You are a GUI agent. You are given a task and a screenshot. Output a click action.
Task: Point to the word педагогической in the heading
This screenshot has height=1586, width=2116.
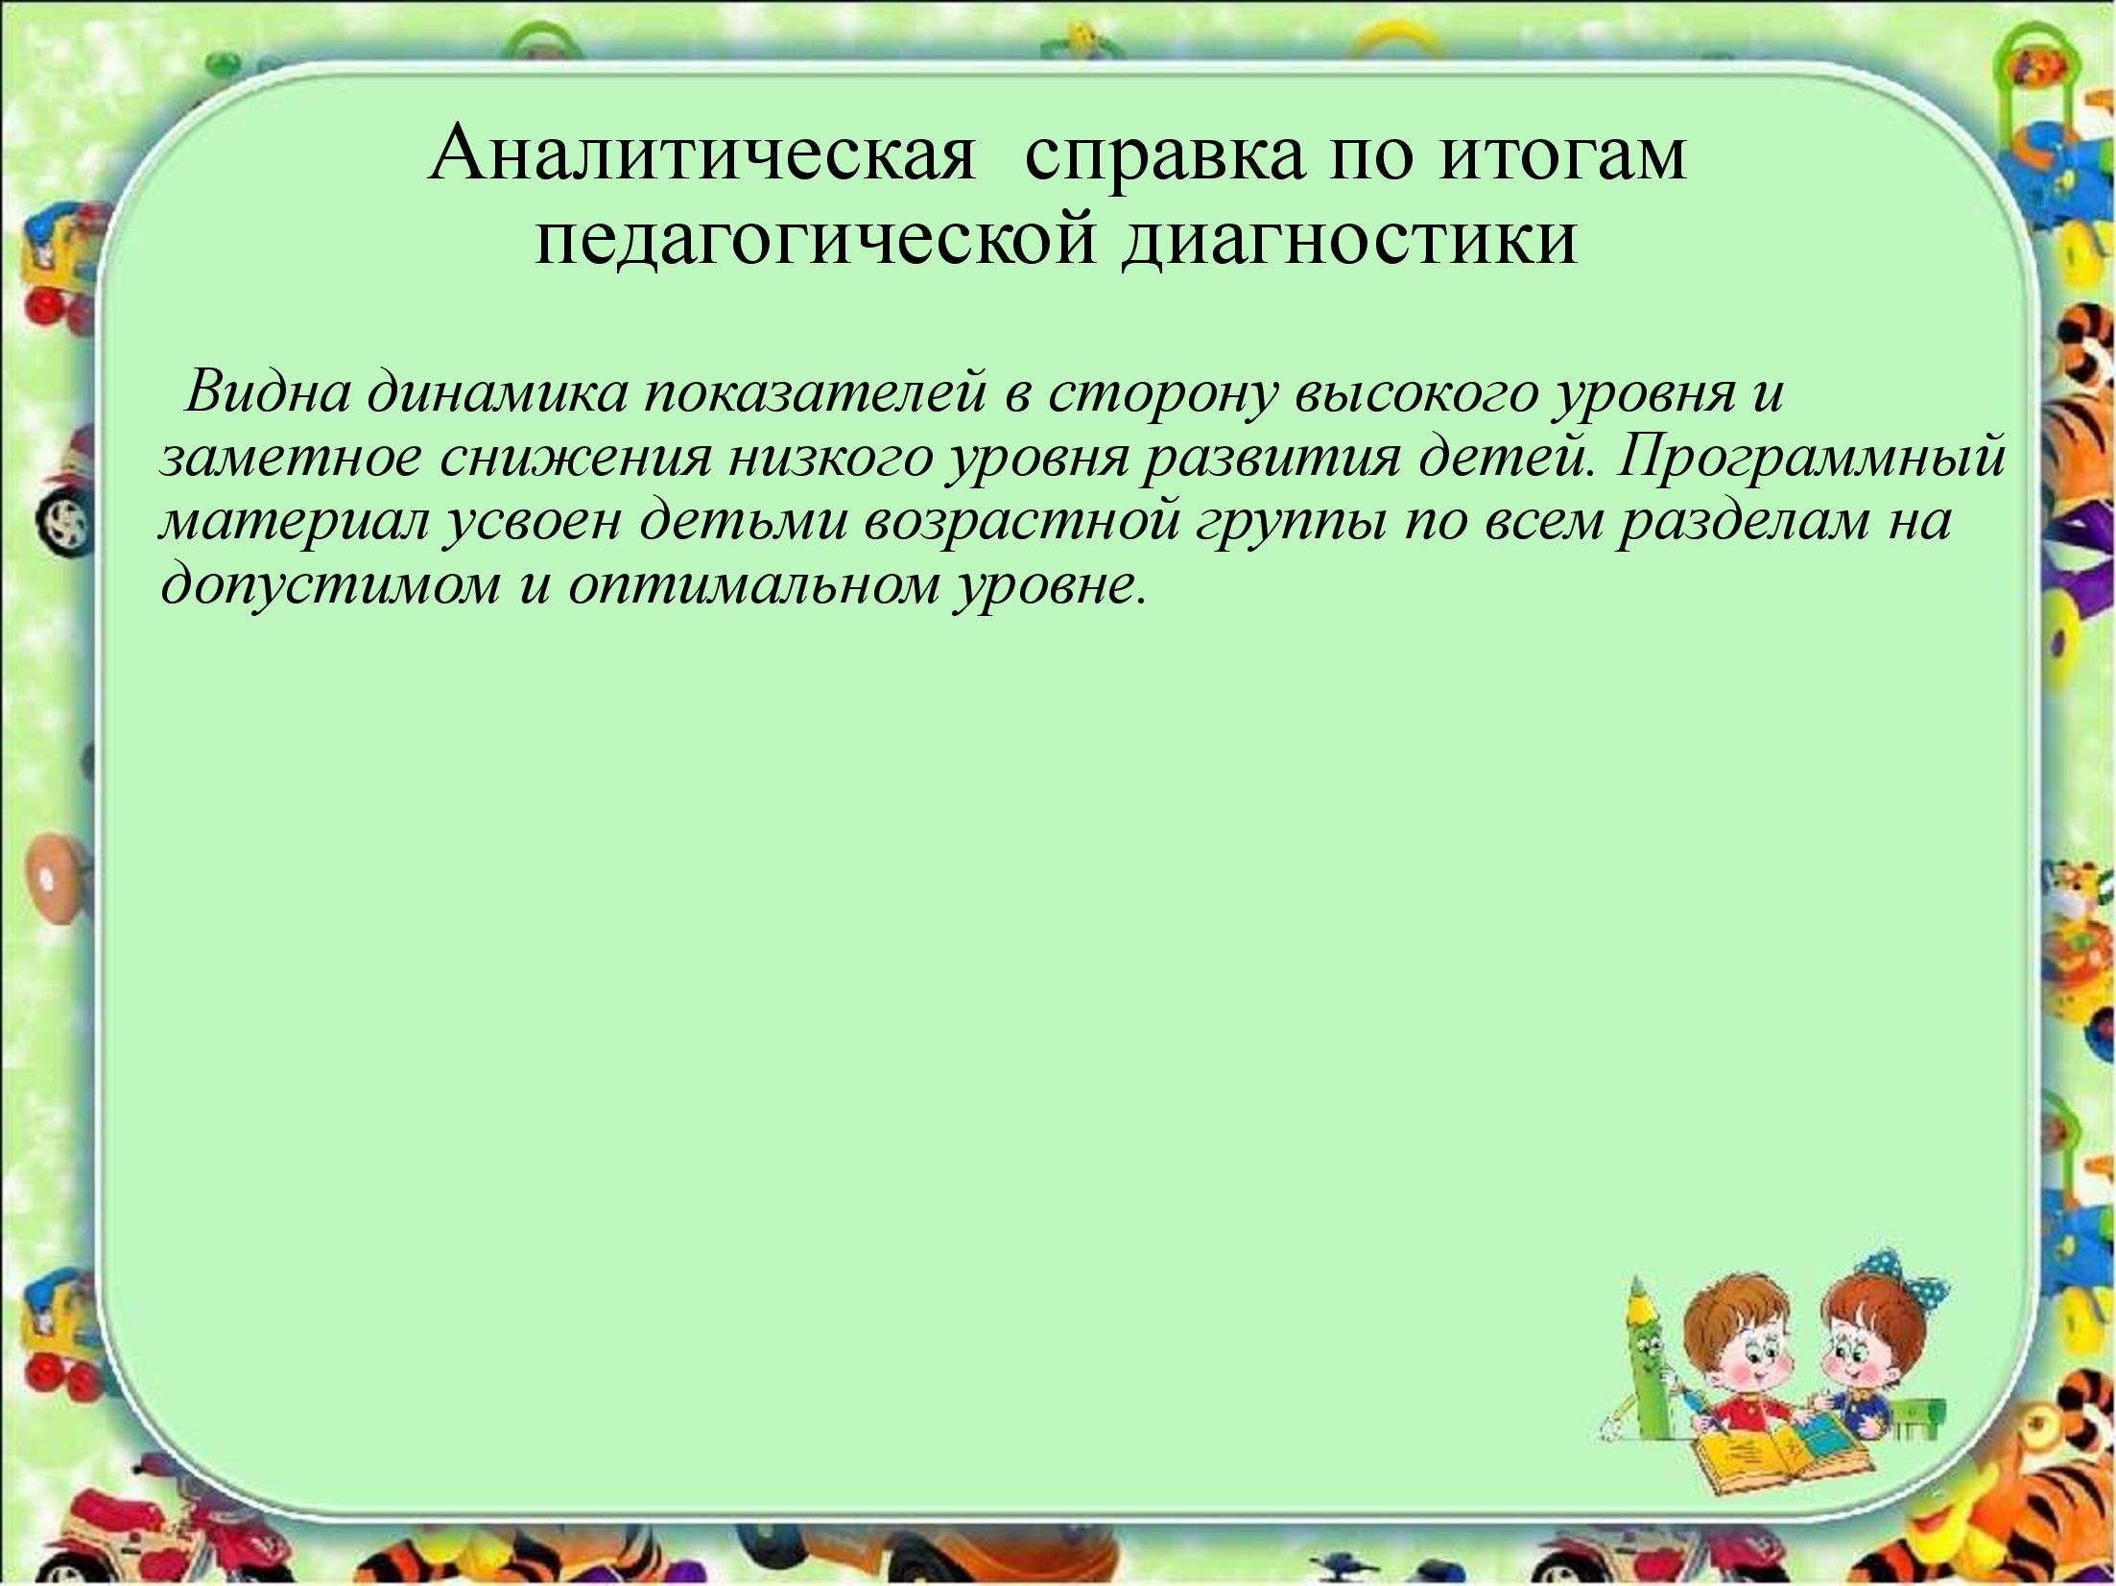pyautogui.click(x=816, y=244)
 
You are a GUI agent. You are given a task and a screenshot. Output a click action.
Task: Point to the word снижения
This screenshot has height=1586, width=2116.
pyautogui.click(x=576, y=459)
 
